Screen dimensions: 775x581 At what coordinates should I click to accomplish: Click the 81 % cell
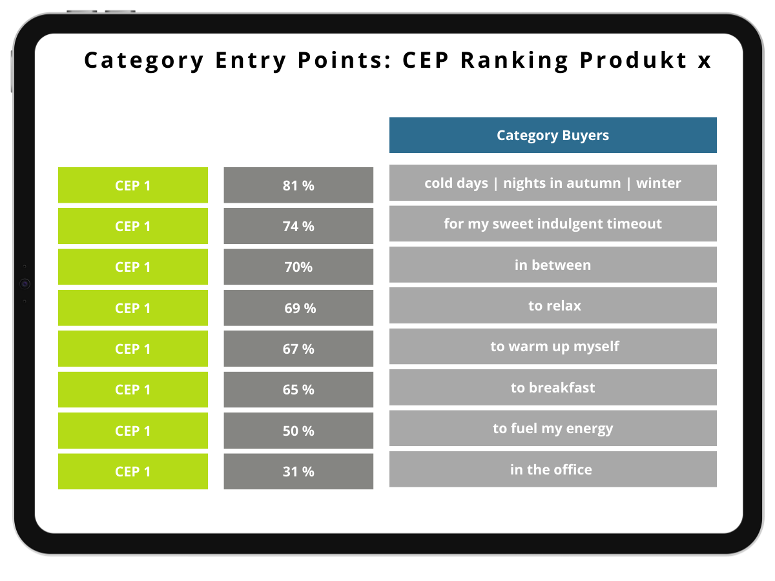point(298,185)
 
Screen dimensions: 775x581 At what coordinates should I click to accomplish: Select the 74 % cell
point(298,226)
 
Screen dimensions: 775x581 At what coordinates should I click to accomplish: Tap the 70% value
point(298,267)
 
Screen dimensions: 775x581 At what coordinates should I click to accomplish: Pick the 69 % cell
point(298,308)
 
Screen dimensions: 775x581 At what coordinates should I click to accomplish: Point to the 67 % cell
point(298,349)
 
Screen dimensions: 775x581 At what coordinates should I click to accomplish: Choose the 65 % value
point(298,389)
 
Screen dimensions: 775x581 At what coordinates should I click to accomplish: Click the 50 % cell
point(298,431)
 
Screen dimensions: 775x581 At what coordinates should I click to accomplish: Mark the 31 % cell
point(298,471)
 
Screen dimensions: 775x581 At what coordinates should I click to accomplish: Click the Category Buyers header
point(553,135)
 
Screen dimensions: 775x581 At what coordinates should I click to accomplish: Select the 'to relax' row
point(553,305)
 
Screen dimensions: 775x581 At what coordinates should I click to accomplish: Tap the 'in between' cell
point(553,265)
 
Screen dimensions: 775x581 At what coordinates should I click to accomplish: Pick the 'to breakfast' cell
point(553,387)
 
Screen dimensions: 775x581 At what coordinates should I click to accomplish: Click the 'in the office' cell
point(553,469)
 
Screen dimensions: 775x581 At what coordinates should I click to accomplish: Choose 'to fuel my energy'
point(553,428)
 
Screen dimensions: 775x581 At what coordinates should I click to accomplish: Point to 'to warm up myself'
point(553,347)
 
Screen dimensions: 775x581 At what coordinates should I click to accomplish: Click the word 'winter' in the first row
point(659,183)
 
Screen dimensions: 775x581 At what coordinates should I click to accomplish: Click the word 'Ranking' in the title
point(515,60)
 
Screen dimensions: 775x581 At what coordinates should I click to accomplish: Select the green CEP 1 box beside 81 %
point(133,185)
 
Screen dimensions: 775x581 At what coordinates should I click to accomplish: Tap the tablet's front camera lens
point(25,283)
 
